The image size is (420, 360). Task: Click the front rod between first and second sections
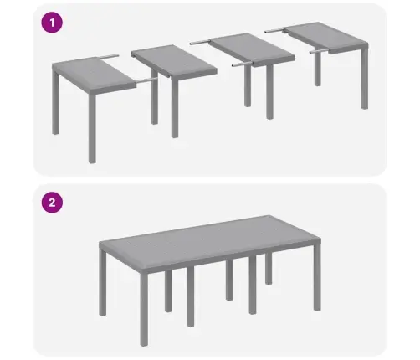[x=145, y=81]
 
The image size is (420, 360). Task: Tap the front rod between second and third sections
[x=239, y=63]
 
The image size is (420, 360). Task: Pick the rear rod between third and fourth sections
[x=277, y=28]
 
